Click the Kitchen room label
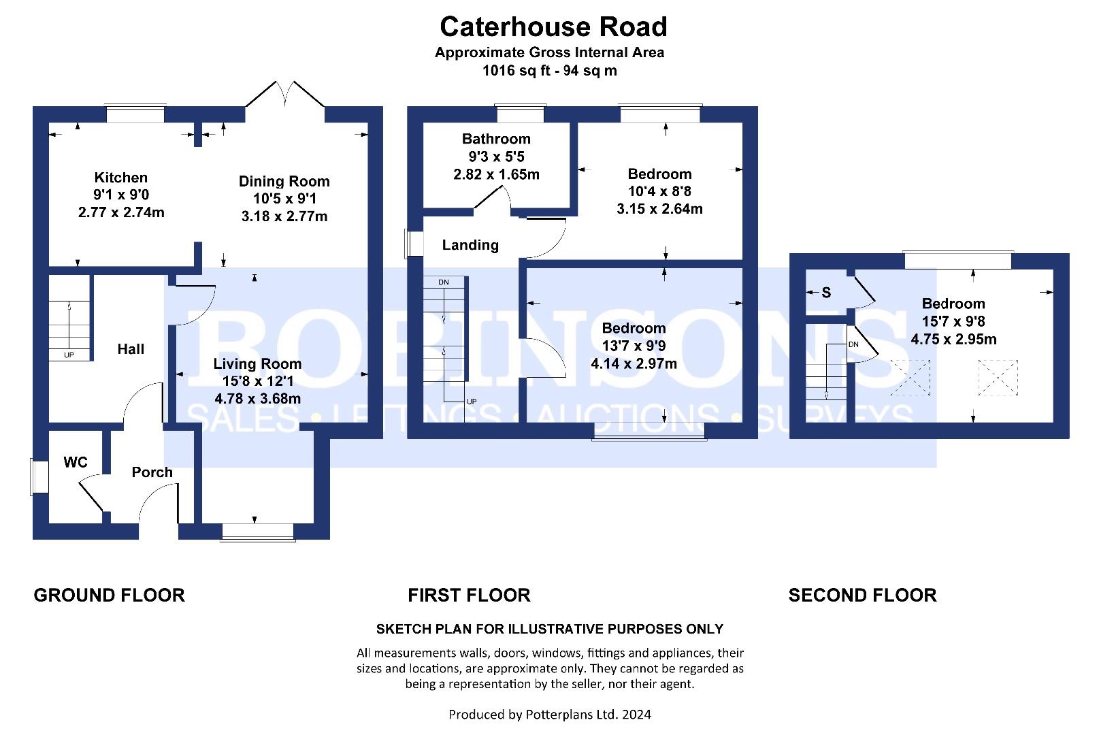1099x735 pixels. (120, 177)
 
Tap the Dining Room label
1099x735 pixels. (284, 181)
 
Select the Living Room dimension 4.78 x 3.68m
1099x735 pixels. (258, 398)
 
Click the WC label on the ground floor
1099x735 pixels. (75, 461)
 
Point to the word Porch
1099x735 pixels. (152, 472)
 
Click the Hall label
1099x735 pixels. (131, 349)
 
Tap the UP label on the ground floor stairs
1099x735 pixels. (69, 355)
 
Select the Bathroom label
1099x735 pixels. (496, 139)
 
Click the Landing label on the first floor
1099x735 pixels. (470, 245)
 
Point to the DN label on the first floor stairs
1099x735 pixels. (444, 282)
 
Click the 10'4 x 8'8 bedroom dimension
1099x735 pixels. (659, 191)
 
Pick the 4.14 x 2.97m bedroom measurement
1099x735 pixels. (634, 363)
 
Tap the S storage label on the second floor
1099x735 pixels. (826, 293)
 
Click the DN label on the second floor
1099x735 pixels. (853, 344)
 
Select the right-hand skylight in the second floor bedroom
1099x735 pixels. (998, 377)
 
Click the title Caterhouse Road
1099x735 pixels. (553, 27)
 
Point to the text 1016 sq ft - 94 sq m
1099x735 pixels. (550, 71)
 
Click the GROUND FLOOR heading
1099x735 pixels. (109, 595)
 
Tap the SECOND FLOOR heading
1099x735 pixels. (862, 595)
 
